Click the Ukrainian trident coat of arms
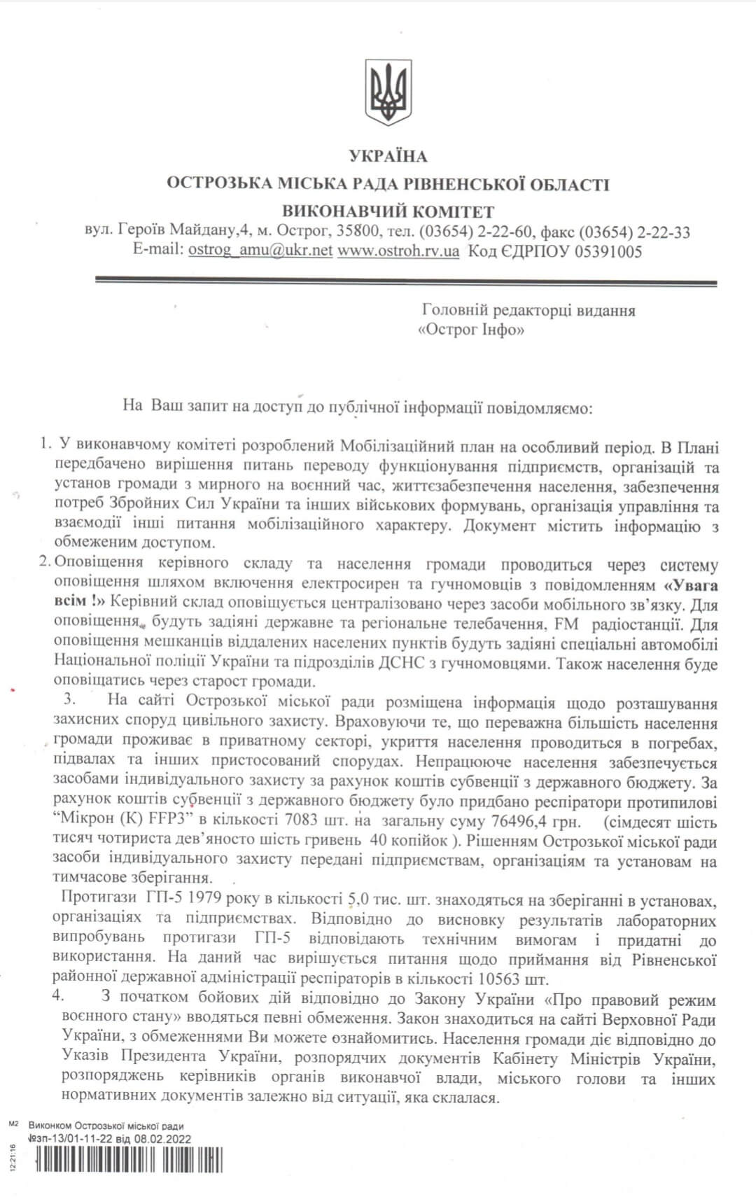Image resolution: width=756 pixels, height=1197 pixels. tap(387, 92)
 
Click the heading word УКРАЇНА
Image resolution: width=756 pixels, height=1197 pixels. tap(387, 156)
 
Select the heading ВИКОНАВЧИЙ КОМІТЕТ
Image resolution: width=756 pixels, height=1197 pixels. tap(388, 211)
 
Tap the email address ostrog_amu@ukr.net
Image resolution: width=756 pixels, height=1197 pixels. tap(260, 251)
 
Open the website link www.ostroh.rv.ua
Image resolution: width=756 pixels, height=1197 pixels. tap(398, 251)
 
